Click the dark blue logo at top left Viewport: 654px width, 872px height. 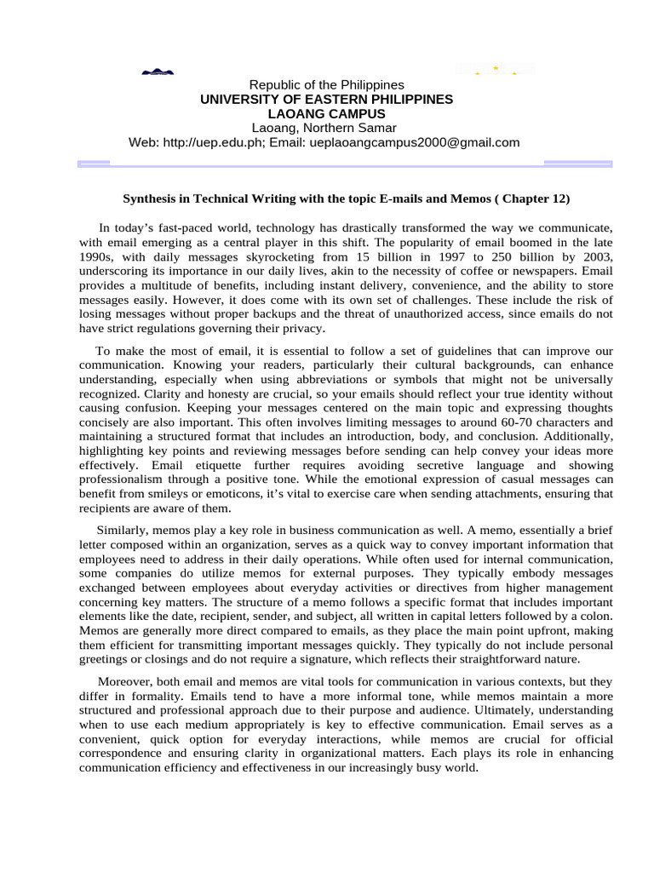point(158,73)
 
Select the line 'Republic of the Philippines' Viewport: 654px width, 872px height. point(326,85)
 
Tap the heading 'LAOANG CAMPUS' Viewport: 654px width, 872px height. point(326,113)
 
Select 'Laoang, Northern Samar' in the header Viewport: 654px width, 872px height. point(326,128)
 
